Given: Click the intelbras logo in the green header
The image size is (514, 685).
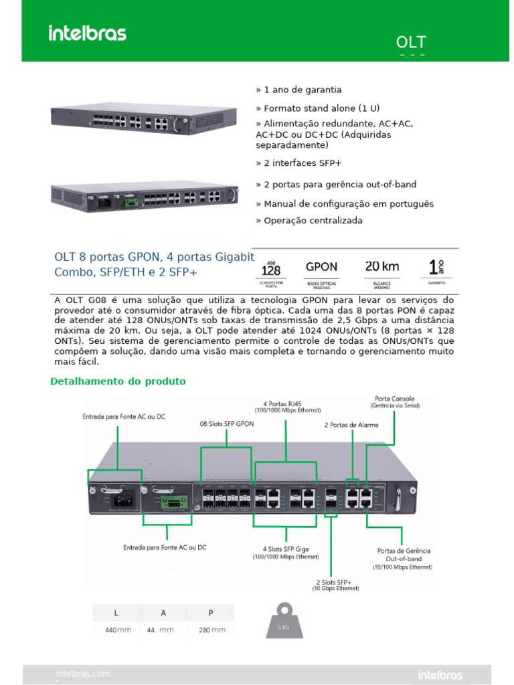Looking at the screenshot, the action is (87, 33).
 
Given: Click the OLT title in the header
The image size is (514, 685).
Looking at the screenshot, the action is (411, 43).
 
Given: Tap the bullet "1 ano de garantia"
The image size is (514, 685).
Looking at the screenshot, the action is (298, 90).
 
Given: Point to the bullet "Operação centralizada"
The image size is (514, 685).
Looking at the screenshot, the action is (309, 220).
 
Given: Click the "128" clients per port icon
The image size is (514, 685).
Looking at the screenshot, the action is (270, 269).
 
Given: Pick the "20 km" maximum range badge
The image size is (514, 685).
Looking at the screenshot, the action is (382, 266).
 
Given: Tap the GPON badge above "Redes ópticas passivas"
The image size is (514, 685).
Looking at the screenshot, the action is (321, 266).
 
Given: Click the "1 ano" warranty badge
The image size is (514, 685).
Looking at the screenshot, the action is (436, 268).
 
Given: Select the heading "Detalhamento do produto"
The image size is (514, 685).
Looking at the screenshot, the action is (118, 381).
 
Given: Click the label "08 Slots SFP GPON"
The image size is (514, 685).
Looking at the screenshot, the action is (227, 424).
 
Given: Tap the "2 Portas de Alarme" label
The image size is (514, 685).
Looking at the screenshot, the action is (351, 425).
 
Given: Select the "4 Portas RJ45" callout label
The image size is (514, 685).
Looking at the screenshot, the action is (287, 406).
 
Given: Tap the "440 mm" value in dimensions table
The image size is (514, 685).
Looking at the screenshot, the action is (118, 630).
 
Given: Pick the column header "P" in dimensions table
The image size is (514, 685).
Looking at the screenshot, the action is (211, 613).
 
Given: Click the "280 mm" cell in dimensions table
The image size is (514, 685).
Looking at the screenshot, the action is (212, 630).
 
